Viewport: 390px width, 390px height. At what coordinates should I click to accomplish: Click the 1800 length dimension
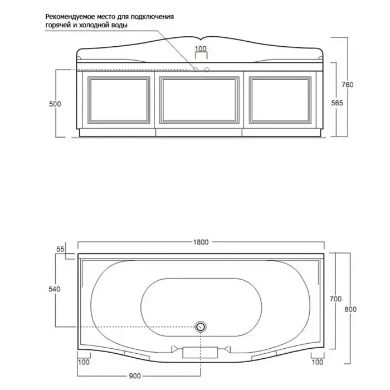[x=201, y=242]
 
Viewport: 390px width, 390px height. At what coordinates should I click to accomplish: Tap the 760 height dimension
[x=347, y=85]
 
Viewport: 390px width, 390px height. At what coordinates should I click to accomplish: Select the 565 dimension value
[x=337, y=103]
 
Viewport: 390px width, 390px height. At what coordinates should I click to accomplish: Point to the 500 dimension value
[x=55, y=104]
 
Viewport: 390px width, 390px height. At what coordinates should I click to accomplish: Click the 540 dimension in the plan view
[x=55, y=289]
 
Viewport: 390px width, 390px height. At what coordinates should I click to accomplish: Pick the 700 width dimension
[x=335, y=299]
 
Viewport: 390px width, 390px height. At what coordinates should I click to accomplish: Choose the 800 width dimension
[x=350, y=309]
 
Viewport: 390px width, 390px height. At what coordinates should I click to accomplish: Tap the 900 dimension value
[x=135, y=376]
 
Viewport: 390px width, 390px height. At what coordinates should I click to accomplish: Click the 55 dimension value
[x=60, y=249]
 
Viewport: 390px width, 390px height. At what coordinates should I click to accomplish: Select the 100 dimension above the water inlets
[x=201, y=49]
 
